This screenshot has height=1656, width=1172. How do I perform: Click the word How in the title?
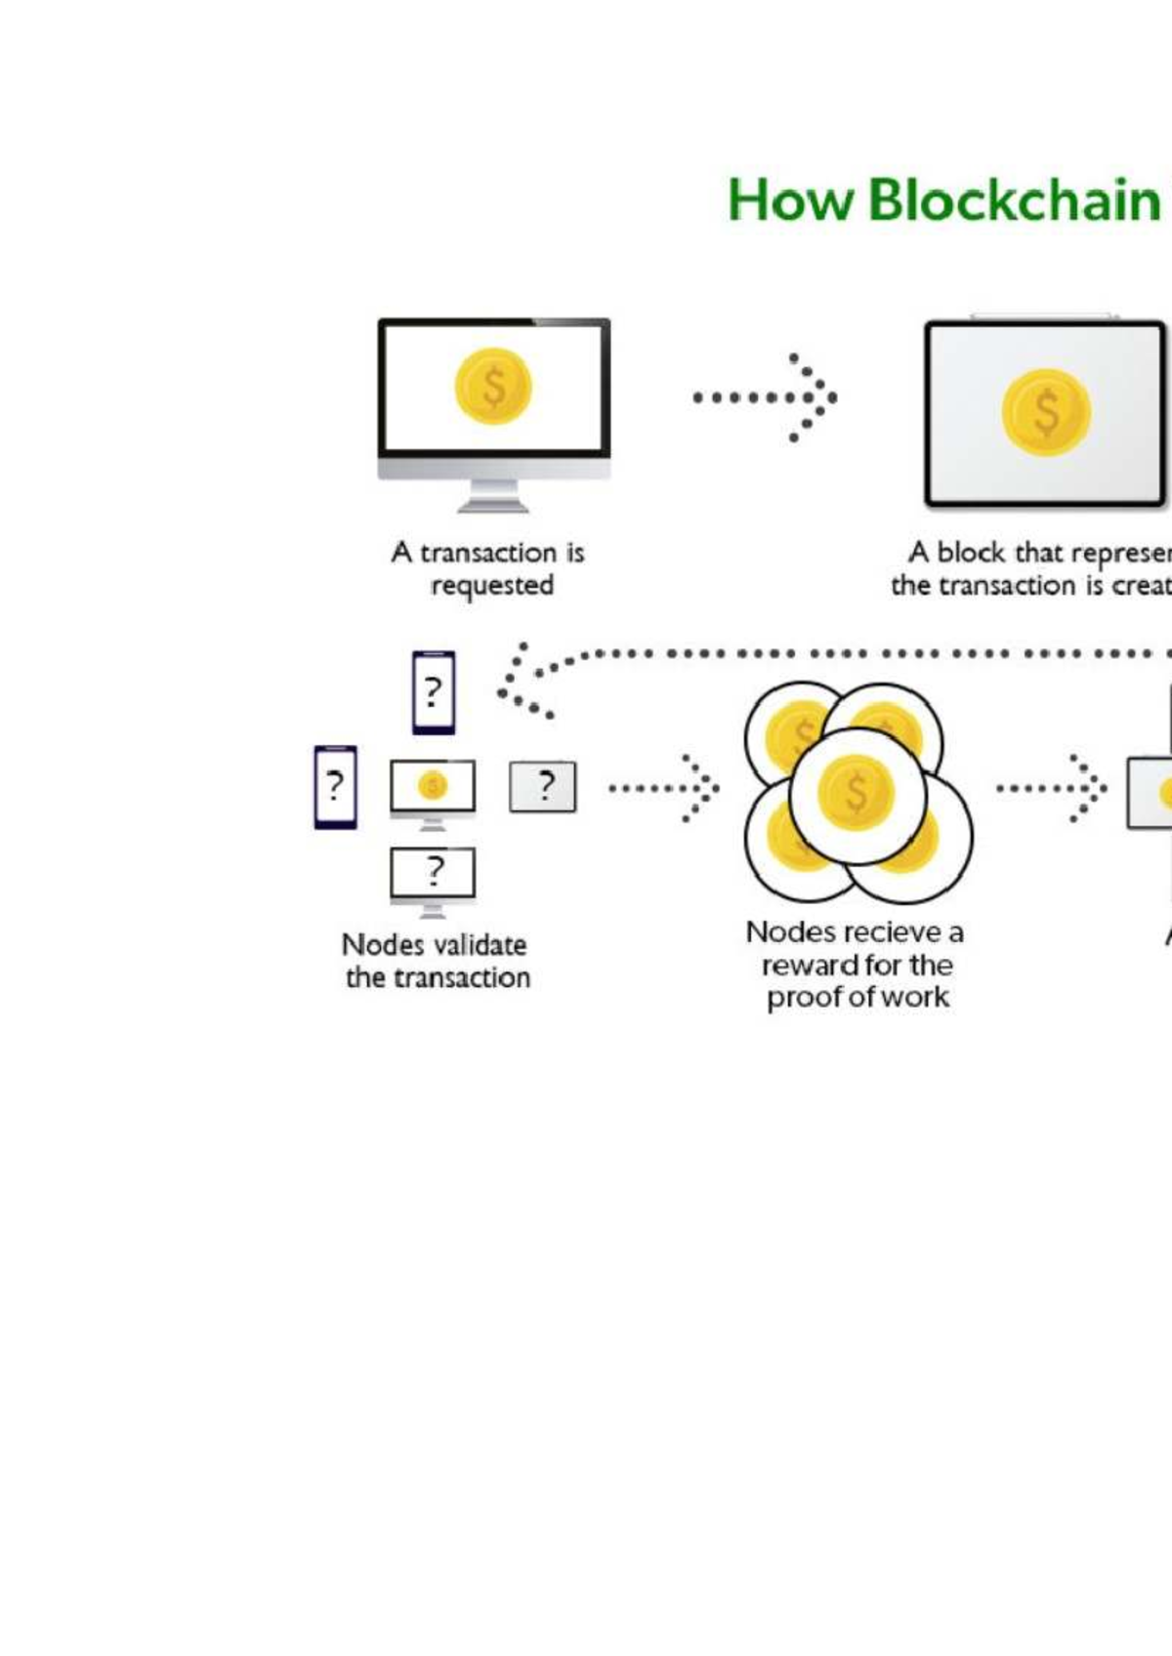tap(790, 200)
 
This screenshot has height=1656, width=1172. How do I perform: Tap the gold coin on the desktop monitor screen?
tap(493, 387)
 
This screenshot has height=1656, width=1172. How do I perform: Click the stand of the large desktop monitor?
tap(493, 496)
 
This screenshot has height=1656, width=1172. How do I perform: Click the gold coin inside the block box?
tap(1046, 412)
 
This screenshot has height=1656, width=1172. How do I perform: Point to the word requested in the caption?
tap(492, 586)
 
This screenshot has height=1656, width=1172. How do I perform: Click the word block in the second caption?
tap(971, 553)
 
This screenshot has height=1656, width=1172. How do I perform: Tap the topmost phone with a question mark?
tap(434, 692)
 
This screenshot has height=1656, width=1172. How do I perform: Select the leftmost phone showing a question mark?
tap(335, 787)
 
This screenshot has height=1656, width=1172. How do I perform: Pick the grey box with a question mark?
tap(543, 787)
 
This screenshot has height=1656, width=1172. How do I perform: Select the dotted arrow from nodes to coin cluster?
tap(664, 787)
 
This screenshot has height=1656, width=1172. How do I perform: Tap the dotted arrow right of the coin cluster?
tap(1052, 787)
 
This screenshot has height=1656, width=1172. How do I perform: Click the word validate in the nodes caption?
tap(480, 945)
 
